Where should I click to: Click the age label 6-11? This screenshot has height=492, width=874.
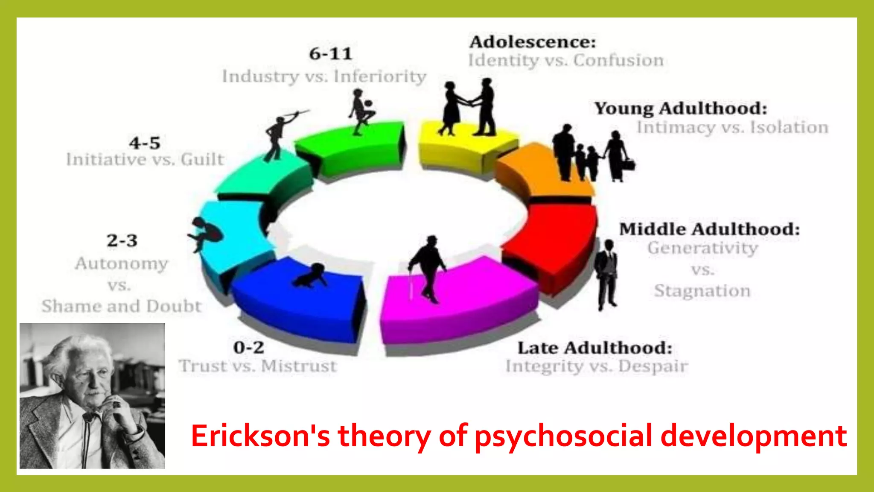(330, 54)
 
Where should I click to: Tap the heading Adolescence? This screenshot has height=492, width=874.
(532, 42)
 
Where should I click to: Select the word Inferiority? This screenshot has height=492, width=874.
(380, 76)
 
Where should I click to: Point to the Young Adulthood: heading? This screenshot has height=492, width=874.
(681, 108)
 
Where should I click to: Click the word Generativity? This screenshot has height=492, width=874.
(702, 248)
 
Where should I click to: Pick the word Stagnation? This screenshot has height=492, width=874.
(702, 291)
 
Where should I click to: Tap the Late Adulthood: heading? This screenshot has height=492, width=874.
(594, 348)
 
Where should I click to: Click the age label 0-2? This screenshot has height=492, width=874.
(248, 347)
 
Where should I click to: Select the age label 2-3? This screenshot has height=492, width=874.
(122, 240)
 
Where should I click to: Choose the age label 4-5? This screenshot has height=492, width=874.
(145, 143)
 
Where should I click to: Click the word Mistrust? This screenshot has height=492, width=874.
(299, 366)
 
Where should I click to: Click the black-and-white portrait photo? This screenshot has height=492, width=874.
(92, 395)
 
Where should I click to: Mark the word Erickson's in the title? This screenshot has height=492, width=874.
(260, 436)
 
